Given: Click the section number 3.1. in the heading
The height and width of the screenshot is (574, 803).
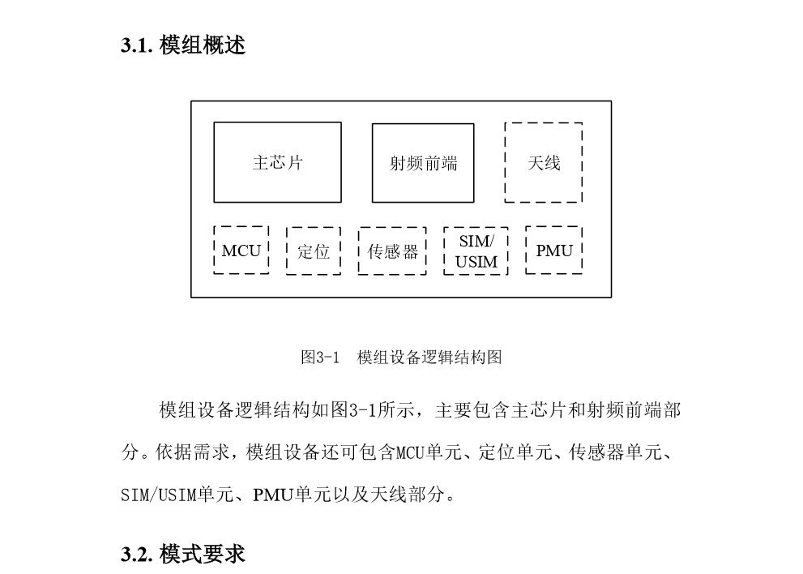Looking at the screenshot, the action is [137, 45].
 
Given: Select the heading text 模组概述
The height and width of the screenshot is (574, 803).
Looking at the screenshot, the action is [203, 45].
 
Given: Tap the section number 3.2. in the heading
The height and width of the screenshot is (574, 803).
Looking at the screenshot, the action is [137, 555].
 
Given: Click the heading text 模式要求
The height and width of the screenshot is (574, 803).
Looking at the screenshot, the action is [203, 555].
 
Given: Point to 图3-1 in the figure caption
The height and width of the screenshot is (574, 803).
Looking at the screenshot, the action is [320, 358].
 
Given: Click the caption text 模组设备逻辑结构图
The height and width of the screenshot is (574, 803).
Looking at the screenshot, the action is [429, 358].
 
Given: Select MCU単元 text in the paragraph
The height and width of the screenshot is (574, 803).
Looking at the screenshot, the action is [429, 452].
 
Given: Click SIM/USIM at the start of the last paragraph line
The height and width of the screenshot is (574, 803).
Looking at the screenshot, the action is [159, 495].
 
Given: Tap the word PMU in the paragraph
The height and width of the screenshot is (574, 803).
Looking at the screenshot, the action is [272, 495].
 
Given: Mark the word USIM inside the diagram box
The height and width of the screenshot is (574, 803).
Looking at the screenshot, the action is [476, 262].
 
